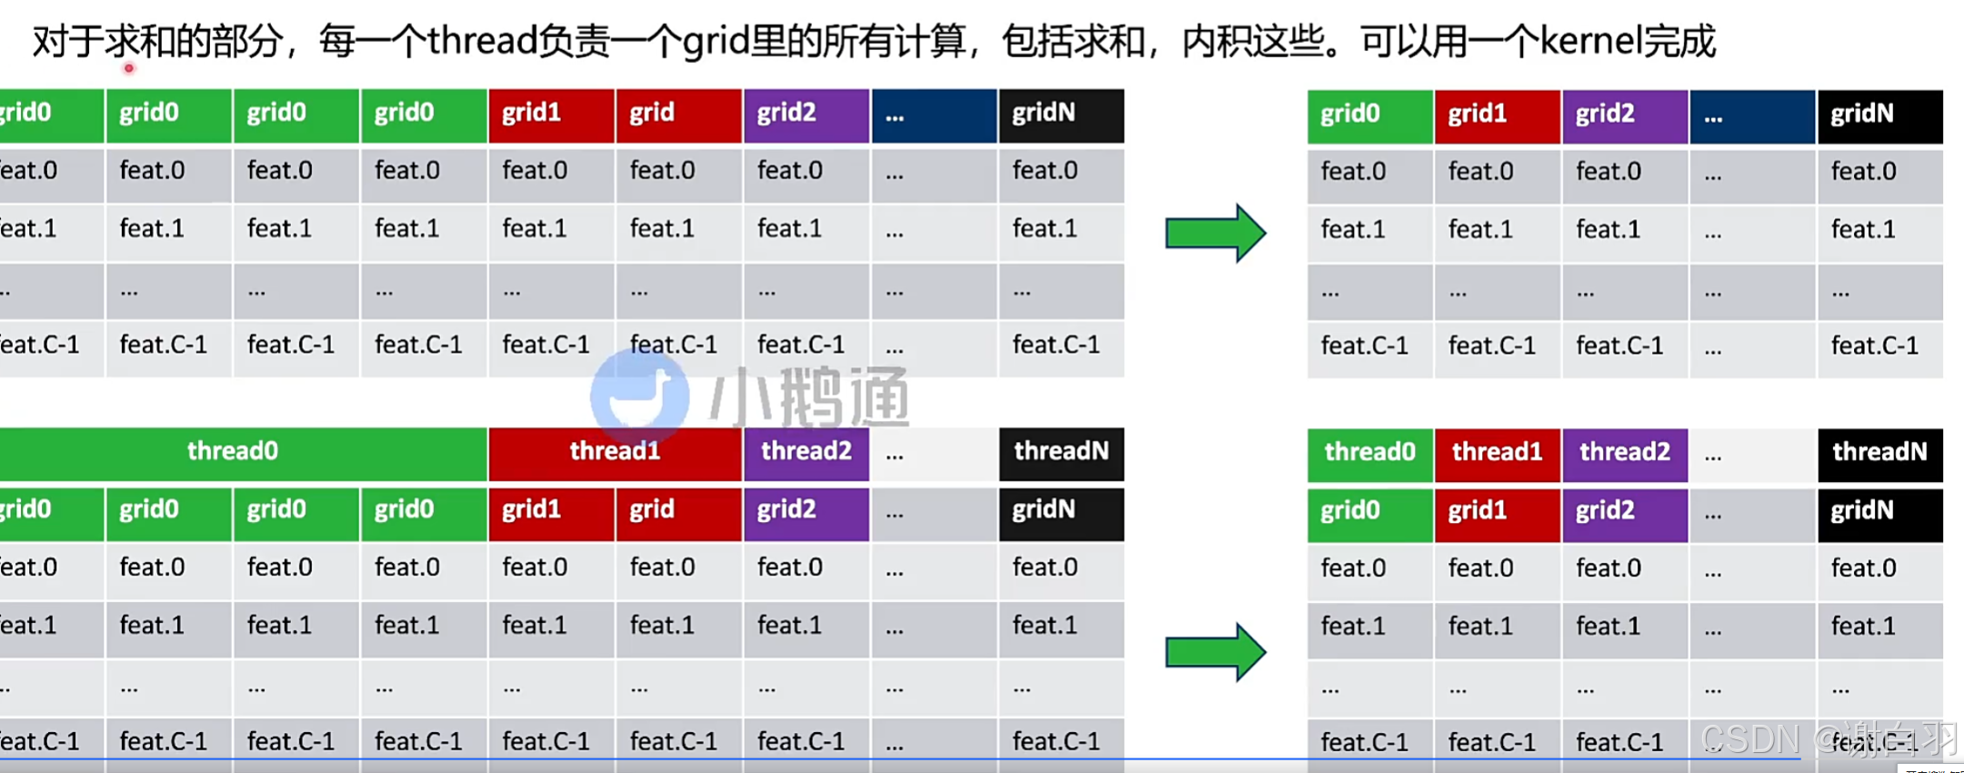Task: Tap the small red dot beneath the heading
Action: [x=129, y=68]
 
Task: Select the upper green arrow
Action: [x=1215, y=233]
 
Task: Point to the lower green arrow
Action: [x=1215, y=651]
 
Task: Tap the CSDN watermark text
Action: [x=1750, y=738]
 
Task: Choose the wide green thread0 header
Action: [x=233, y=452]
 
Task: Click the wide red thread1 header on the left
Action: [x=615, y=452]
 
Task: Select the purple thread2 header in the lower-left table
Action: [x=806, y=452]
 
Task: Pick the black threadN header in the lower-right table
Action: [x=1879, y=453]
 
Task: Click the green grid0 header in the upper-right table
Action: [x=1369, y=115]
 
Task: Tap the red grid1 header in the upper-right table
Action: [x=1497, y=115]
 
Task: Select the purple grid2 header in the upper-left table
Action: [x=806, y=115]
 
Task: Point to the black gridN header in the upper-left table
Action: [x=1061, y=115]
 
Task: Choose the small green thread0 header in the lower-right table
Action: [x=1369, y=453]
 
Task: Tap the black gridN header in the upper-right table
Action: [x=1879, y=115]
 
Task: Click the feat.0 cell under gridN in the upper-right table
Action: [x=1879, y=173]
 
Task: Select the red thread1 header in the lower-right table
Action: [x=1497, y=453]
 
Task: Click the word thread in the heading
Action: [x=482, y=42]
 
